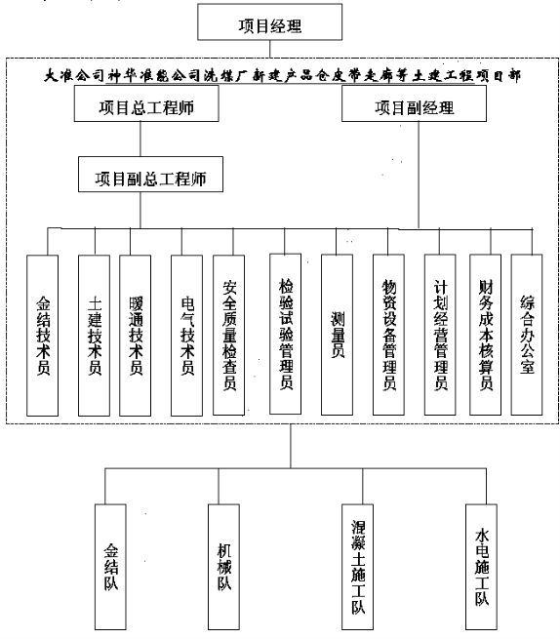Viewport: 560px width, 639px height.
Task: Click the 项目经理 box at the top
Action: point(269,22)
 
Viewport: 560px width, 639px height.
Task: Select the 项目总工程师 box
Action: point(146,103)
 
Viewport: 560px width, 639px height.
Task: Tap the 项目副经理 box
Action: point(414,103)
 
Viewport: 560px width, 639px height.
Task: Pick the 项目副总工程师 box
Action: point(150,174)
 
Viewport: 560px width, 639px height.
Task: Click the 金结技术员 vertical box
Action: point(42,336)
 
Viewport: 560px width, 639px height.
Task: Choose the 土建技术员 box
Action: point(95,336)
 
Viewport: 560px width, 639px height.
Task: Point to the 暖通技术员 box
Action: point(136,336)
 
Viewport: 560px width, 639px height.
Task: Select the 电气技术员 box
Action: point(186,336)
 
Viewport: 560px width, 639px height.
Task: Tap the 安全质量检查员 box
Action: point(229,335)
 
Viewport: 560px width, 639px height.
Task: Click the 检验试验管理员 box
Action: point(285,334)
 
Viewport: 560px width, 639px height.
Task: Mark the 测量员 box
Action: point(337,335)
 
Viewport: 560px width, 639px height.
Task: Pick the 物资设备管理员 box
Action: point(389,335)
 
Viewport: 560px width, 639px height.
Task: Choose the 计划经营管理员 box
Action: point(440,335)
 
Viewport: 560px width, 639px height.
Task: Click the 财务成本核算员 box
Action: point(486,335)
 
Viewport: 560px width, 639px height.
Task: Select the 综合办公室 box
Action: point(527,335)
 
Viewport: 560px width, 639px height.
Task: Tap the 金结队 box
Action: point(110,567)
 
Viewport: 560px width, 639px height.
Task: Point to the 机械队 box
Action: point(223,567)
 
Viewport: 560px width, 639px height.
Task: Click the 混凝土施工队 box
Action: point(357,567)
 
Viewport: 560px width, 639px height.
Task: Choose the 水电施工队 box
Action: point(481,567)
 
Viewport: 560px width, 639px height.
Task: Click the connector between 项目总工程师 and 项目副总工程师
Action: point(140,139)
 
